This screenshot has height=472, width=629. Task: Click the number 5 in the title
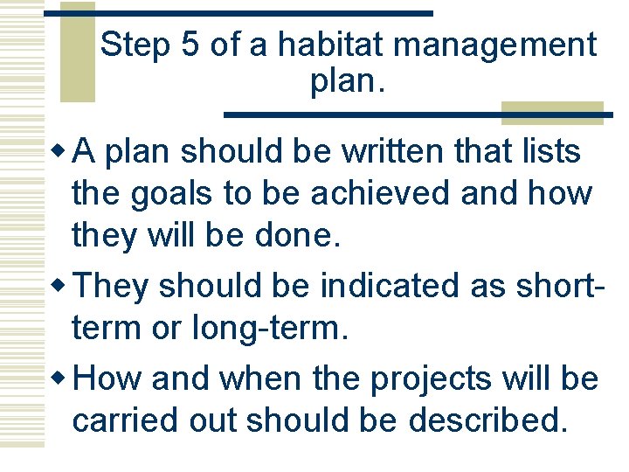(190, 45)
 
